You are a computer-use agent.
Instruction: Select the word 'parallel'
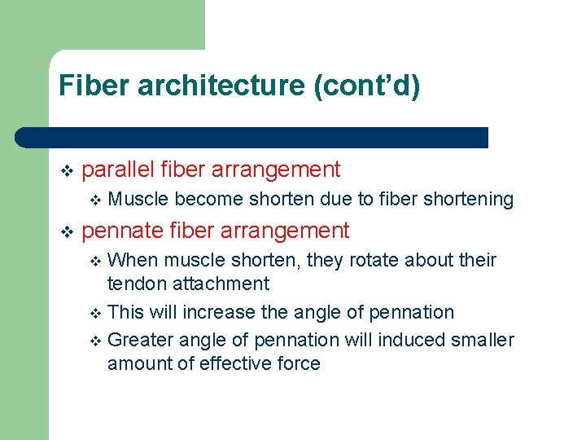click(119, 169)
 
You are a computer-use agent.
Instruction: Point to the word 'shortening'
click(469, 200)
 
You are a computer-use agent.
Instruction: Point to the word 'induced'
click(408, 340)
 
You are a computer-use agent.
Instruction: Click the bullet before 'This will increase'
click(95, 313)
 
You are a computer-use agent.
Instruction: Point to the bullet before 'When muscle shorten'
click(95, 262)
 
